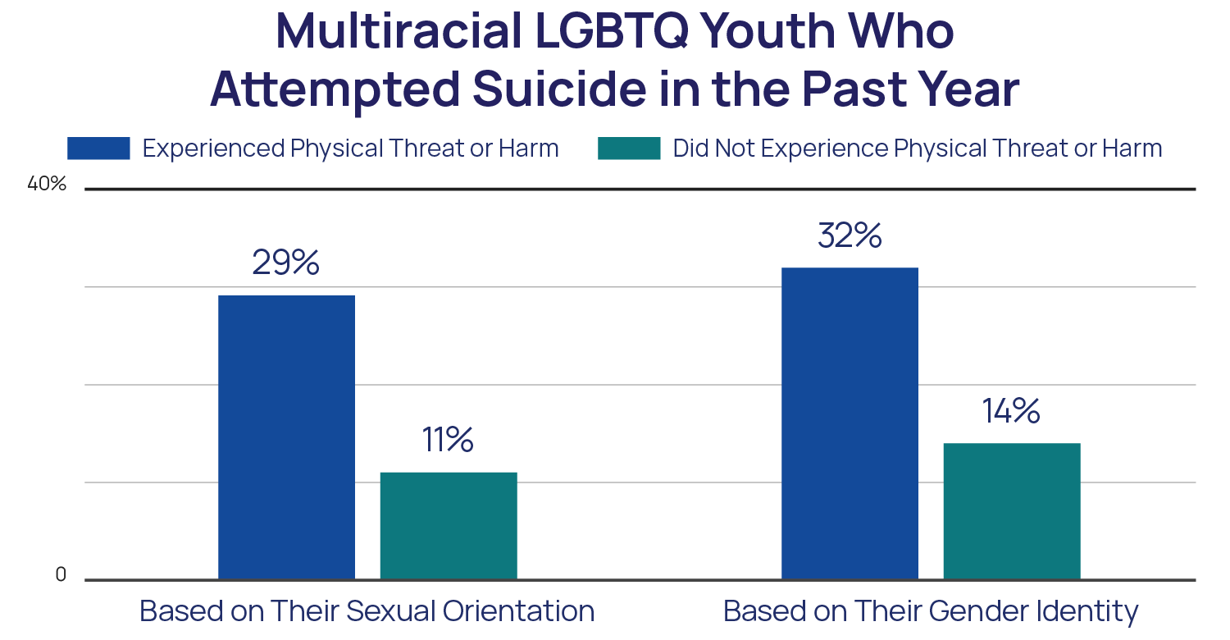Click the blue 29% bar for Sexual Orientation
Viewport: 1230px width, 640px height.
point(286,437)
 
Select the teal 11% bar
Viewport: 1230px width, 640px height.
point(449,525)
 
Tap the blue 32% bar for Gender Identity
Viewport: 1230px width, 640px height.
point(850,423)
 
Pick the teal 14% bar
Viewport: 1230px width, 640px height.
point(1011,510)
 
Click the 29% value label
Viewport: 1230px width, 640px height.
point(285,263)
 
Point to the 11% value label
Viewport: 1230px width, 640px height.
point(448,440)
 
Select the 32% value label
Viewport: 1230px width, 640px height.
point(850,235)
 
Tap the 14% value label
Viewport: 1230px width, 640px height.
point(1011,411)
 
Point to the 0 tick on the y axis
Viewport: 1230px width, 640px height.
point(60,576)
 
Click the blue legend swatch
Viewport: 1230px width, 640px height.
point(98,149)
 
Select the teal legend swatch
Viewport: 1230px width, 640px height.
point(629,149)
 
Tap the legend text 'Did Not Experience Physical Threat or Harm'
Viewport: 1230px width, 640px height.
point(917,149)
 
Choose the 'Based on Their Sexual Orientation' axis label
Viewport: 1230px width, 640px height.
point(367,611)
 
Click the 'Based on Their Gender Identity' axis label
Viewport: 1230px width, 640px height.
point(931,612)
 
